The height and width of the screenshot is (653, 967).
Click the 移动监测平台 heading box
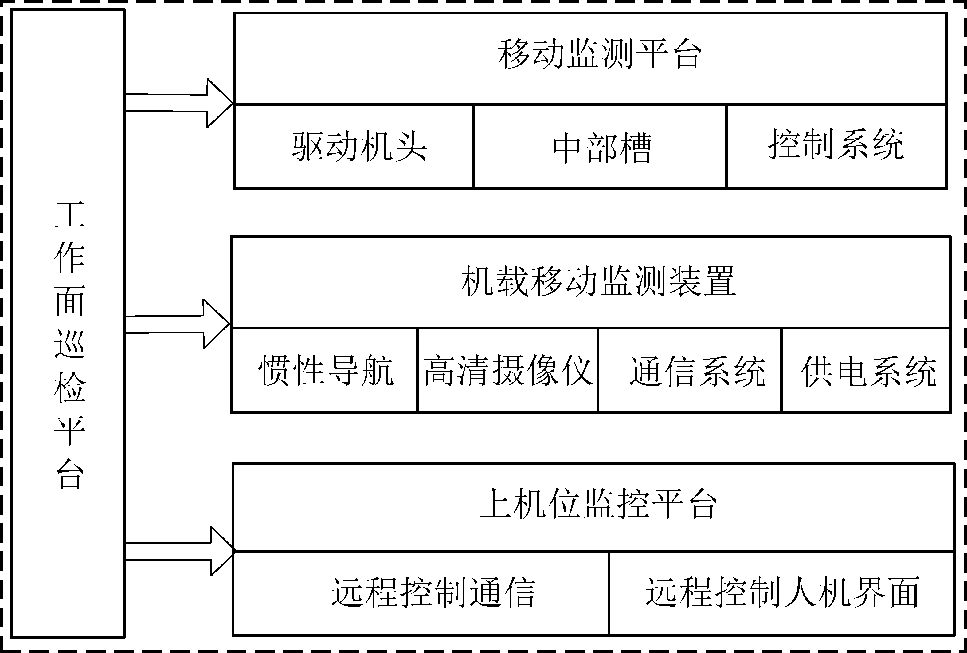point(591,58)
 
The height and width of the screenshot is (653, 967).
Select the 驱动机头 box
point(354,147)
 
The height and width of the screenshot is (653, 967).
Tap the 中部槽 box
point(600,147)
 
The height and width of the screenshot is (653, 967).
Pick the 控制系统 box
point(836,147)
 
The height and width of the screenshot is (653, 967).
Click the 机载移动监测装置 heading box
point(591,282)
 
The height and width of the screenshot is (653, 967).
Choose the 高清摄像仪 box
point(508,370)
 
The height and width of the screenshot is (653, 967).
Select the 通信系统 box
point(690,370)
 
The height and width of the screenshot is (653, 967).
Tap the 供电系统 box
point(866,370)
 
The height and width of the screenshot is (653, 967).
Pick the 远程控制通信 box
point(421,593)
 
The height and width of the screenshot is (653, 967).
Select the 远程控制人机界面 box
point(781,593)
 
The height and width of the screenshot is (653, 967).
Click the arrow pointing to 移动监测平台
point(179,103)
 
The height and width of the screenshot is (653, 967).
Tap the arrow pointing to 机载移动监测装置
point(177,324)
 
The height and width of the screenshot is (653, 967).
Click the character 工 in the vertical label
point(69,215)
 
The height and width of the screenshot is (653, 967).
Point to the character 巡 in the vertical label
point(69,344)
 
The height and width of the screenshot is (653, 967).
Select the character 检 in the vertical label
point(69,388)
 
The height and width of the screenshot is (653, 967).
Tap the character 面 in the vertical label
point(69,301)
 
